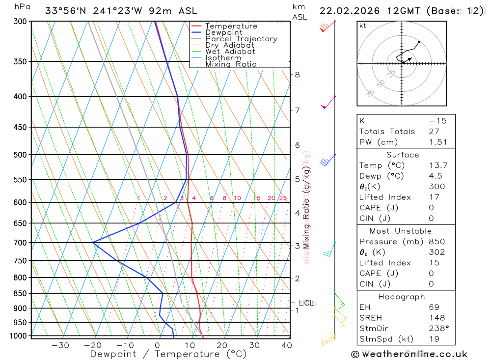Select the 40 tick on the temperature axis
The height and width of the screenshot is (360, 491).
tap(286, 345)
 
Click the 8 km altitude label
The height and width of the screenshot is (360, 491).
tap(297, 75)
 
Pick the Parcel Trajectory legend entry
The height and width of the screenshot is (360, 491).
tap(241, 39)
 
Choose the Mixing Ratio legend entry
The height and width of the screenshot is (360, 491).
tap(231, 64)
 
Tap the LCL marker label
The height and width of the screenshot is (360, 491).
tap(306, 303)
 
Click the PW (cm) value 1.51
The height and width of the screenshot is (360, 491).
tap(438, 142)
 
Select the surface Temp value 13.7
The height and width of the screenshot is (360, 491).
tap(438, 166)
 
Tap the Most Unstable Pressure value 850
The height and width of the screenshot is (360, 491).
tap(437, 242)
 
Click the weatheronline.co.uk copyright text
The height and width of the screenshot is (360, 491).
tap(409, 354)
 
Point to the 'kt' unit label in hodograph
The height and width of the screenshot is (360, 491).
tap(362, 26)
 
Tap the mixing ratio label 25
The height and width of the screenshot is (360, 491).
tap(283, 198)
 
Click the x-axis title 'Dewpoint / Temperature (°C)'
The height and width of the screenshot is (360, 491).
tap(168, 354)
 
